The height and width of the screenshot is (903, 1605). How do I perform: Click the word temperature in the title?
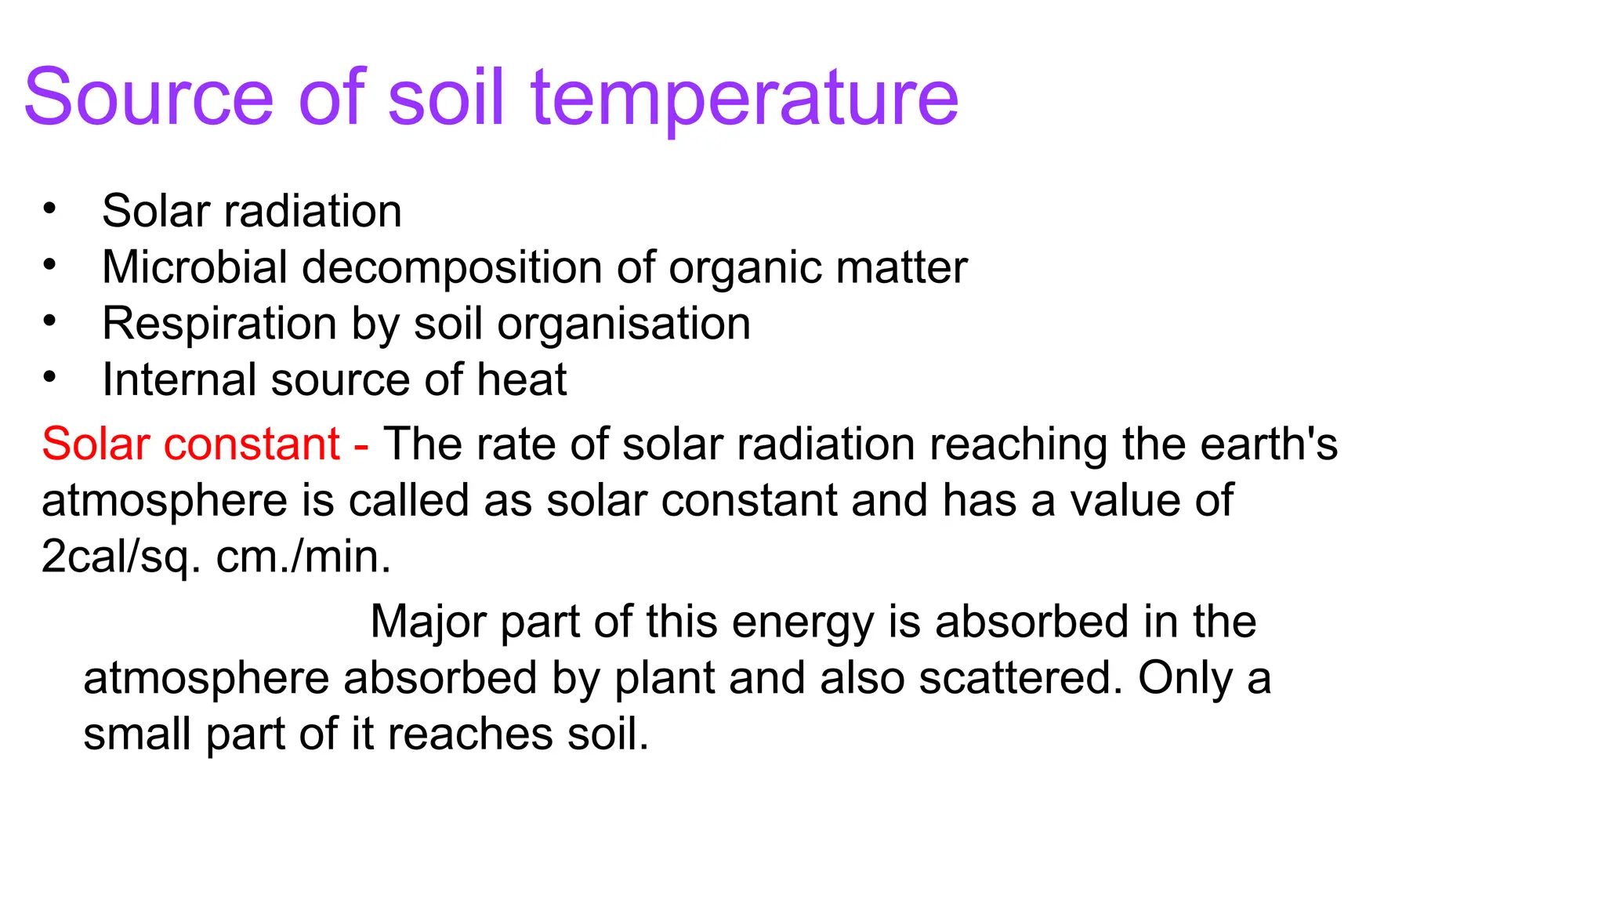click(x=744, y=97)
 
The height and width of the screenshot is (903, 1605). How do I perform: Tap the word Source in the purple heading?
click(x=149, y=97)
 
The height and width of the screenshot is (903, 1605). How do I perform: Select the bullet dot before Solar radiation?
click(x=50, y=209)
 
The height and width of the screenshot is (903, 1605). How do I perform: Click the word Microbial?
click(x=194, y=267)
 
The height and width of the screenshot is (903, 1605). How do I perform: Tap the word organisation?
click(x=624, y=324)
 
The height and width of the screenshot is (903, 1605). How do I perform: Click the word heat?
click(x=521, y=380)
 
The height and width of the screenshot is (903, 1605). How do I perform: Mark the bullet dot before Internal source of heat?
click(x=50, y=378)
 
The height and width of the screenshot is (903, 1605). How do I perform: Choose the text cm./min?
click(x=303, y=557)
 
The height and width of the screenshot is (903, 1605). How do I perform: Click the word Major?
click(x=427, y=622)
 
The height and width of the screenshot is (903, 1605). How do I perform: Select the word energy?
click(x=802, y=622)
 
